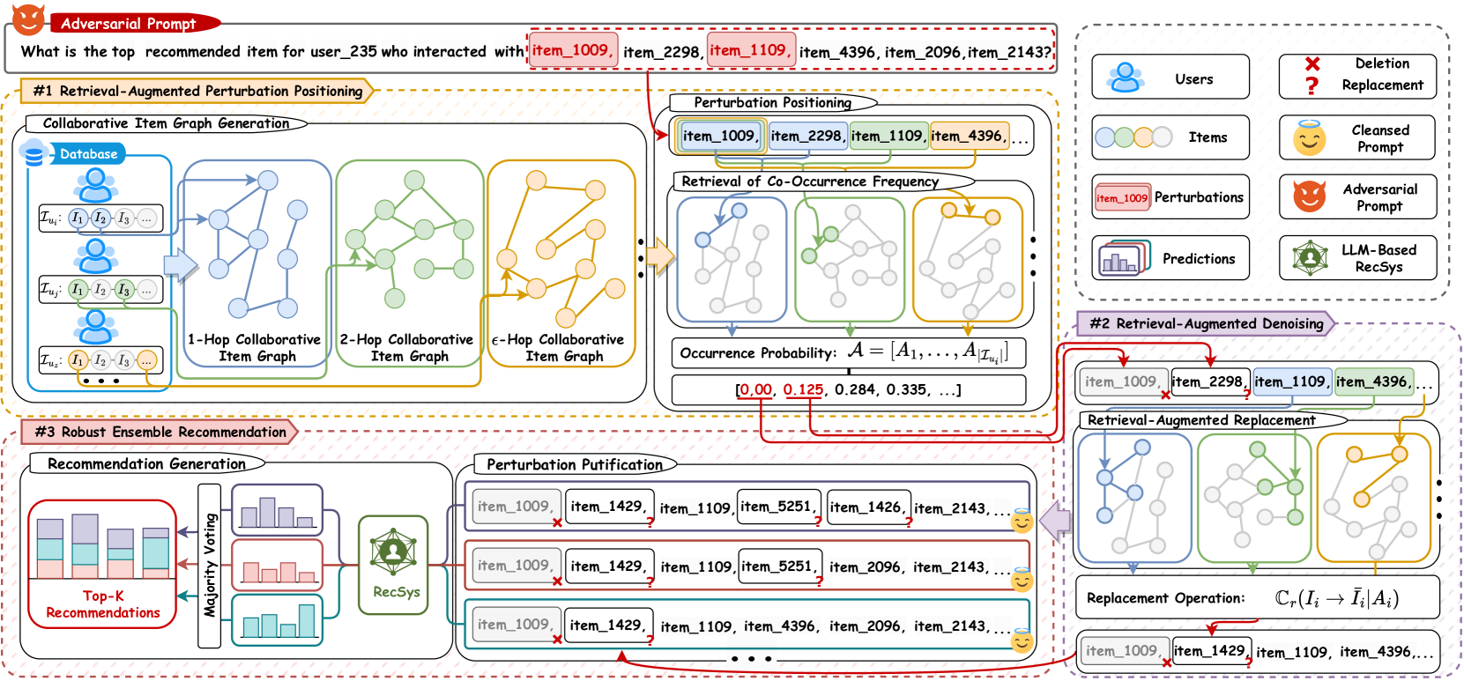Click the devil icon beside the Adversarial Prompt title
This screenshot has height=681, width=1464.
point(28,19)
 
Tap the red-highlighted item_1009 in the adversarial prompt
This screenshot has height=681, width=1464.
point(573,50)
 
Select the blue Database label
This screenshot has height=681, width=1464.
point(88,154)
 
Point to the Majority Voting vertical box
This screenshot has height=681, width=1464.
point(209,566)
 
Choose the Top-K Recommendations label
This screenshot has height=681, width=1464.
point(102,603)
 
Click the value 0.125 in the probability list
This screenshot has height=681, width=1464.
point(803,389)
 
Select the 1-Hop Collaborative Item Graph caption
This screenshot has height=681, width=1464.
point(254,348)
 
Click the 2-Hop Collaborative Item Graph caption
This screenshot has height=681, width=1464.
point(406,348)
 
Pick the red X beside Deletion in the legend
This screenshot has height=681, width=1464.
point(1312,63)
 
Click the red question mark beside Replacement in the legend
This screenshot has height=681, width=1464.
point(1312,85)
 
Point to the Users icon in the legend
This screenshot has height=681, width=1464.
point(1125,78)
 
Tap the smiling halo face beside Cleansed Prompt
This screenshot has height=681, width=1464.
point(1309,138)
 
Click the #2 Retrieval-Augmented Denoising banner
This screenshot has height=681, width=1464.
point(1205,323)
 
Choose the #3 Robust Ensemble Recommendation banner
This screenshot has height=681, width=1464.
point(160,432)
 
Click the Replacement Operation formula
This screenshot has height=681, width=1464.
point(1336,598)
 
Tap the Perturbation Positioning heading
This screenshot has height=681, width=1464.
point(772,102)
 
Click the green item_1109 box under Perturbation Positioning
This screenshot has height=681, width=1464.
point(888,136)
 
